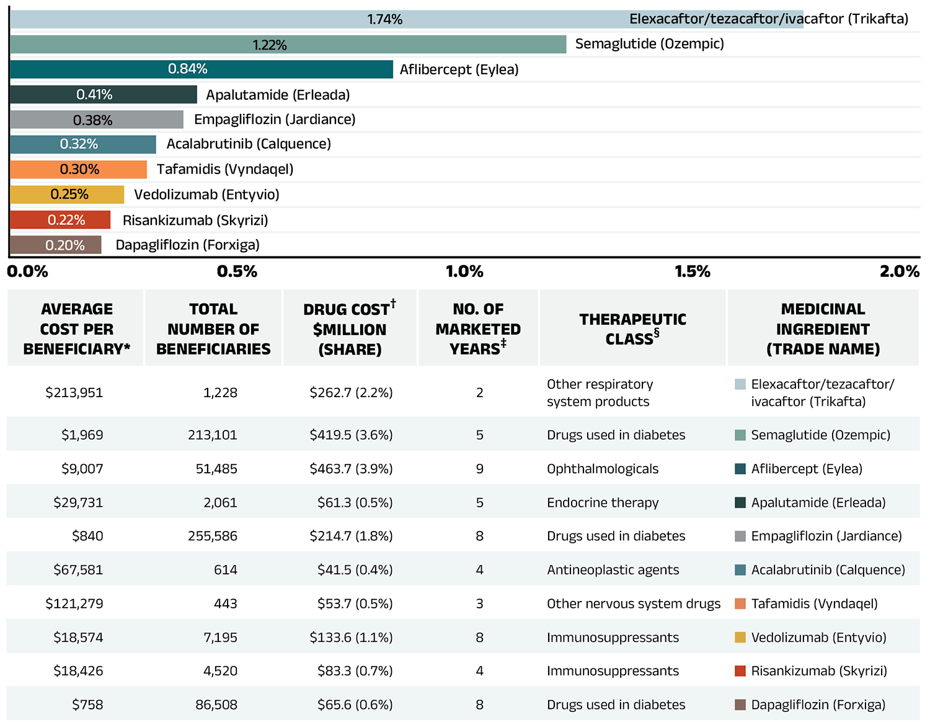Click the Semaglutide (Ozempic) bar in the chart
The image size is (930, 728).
(x=288, y=45)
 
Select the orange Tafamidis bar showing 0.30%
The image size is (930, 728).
(x=78, y=169)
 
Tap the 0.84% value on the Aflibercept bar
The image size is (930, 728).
(x=187, y=69)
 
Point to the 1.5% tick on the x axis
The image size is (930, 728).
(x=693, y=271)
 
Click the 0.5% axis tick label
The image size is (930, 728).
(x=237, y=271)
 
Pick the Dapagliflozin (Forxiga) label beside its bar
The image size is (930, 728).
(x=187, y=245)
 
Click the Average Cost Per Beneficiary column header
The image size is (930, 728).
(x=76, y=328)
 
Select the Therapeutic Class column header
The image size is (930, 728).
(x=632, y=328)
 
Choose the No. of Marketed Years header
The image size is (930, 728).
(x=478, y=328)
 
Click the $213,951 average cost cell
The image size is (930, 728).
(x=74, y=393)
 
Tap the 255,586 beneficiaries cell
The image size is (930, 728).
(x=213, y=536)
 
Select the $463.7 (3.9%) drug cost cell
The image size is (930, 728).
(x=351, y=469)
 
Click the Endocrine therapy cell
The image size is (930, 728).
(x=603, y=502)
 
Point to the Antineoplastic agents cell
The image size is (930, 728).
(x=613, y=570)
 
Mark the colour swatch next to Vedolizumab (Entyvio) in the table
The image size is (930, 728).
(x=740, y=637)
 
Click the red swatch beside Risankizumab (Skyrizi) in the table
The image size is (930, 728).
(x=740, y=671)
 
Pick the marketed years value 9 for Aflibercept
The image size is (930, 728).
(x=479, y=469)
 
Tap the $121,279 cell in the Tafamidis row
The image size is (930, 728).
(x=74, y=603)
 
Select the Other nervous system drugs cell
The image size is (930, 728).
(x=633, y=603)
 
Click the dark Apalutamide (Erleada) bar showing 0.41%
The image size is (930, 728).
(x=103, y=95)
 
